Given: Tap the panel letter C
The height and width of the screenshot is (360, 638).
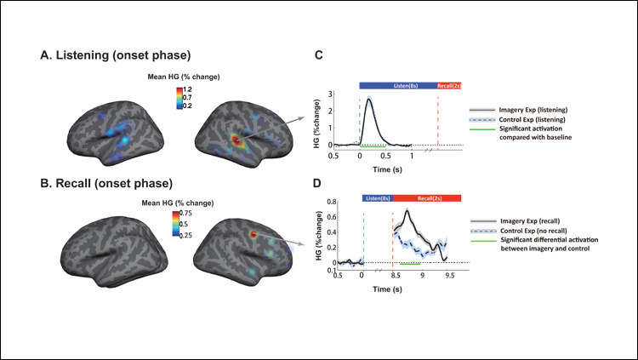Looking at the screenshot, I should tap(319, 56).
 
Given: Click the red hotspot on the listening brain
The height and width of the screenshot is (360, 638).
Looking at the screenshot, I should tap(231, 136).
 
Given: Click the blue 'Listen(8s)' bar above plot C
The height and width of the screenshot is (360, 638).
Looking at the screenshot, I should tap(397, 85).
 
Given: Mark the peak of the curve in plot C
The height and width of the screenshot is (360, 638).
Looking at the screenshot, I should tap(368, 99).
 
